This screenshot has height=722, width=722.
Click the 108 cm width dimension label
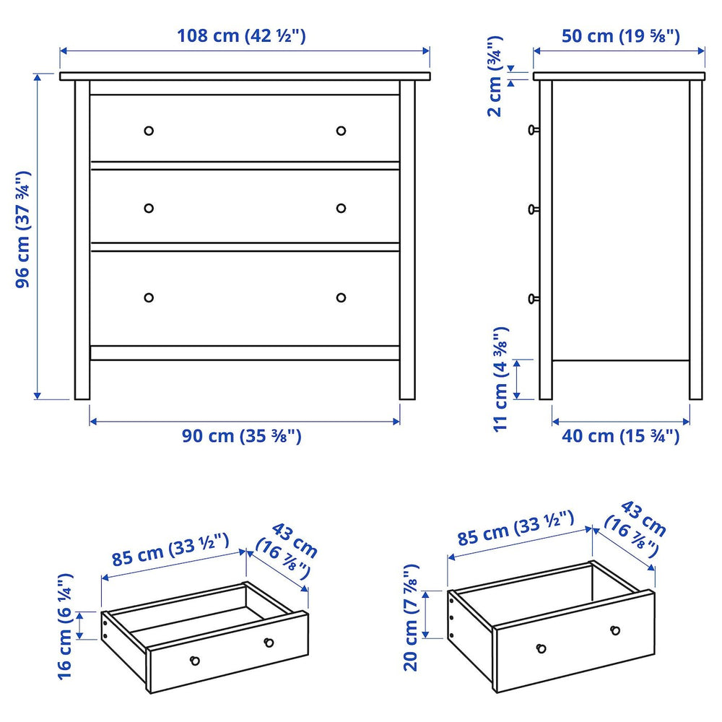coord(242,36)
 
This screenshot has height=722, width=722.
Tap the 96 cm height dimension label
coord(23,230)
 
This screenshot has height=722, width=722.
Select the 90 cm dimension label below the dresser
coord(241,436)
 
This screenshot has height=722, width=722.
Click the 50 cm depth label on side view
coord(620,36)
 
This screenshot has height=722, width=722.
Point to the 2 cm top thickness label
coord(495,87)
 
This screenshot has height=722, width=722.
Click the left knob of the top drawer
coord(149,131)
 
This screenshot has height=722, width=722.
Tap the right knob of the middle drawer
coord(341,208)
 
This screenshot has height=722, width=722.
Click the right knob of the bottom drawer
coord(341,297)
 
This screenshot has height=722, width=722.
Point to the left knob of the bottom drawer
coord(149,297)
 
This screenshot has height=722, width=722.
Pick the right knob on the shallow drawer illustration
coord(269,643)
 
